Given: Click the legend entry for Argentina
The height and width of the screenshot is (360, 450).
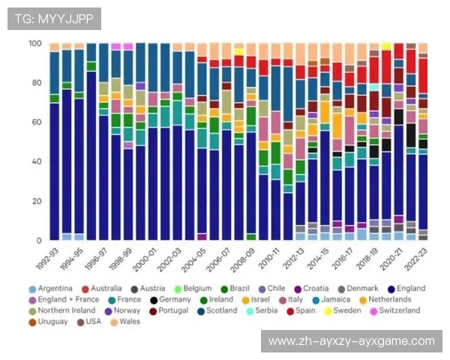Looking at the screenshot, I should tap(50, 289).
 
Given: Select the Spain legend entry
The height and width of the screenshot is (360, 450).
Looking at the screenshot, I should tap(300, 310).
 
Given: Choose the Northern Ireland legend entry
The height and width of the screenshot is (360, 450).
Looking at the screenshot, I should tap(64, 310).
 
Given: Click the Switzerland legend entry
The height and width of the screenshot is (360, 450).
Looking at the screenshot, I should tap(395, 310).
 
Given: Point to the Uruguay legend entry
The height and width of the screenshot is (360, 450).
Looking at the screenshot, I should tap(49, 322).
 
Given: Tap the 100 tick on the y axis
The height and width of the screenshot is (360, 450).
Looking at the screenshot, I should tap(34, 43).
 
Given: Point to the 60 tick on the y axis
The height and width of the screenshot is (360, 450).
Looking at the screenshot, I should tap(35, 122).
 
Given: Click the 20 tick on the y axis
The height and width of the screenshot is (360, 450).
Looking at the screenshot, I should tap(35, 201).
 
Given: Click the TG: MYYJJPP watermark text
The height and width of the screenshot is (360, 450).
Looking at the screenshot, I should tap(54, 19).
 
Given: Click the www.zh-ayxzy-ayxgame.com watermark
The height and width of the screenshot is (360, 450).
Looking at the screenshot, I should tap(351, 341).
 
